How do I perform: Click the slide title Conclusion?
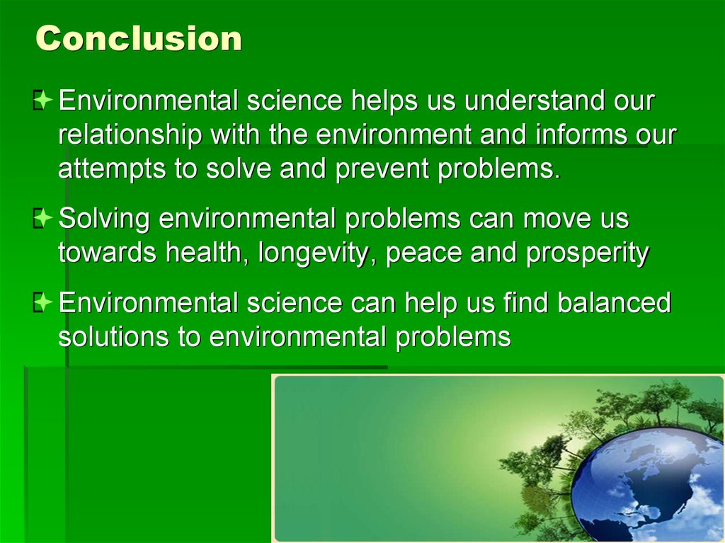139,38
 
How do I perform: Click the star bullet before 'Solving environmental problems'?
42,218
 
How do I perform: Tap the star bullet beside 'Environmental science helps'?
42,100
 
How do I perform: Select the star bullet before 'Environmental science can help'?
42,302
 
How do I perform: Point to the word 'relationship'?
130,135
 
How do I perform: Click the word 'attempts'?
111,168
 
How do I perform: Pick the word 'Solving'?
104,218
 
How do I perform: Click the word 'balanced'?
614,302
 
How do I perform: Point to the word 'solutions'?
113,336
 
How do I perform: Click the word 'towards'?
107,253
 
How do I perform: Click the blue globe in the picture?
647,484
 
